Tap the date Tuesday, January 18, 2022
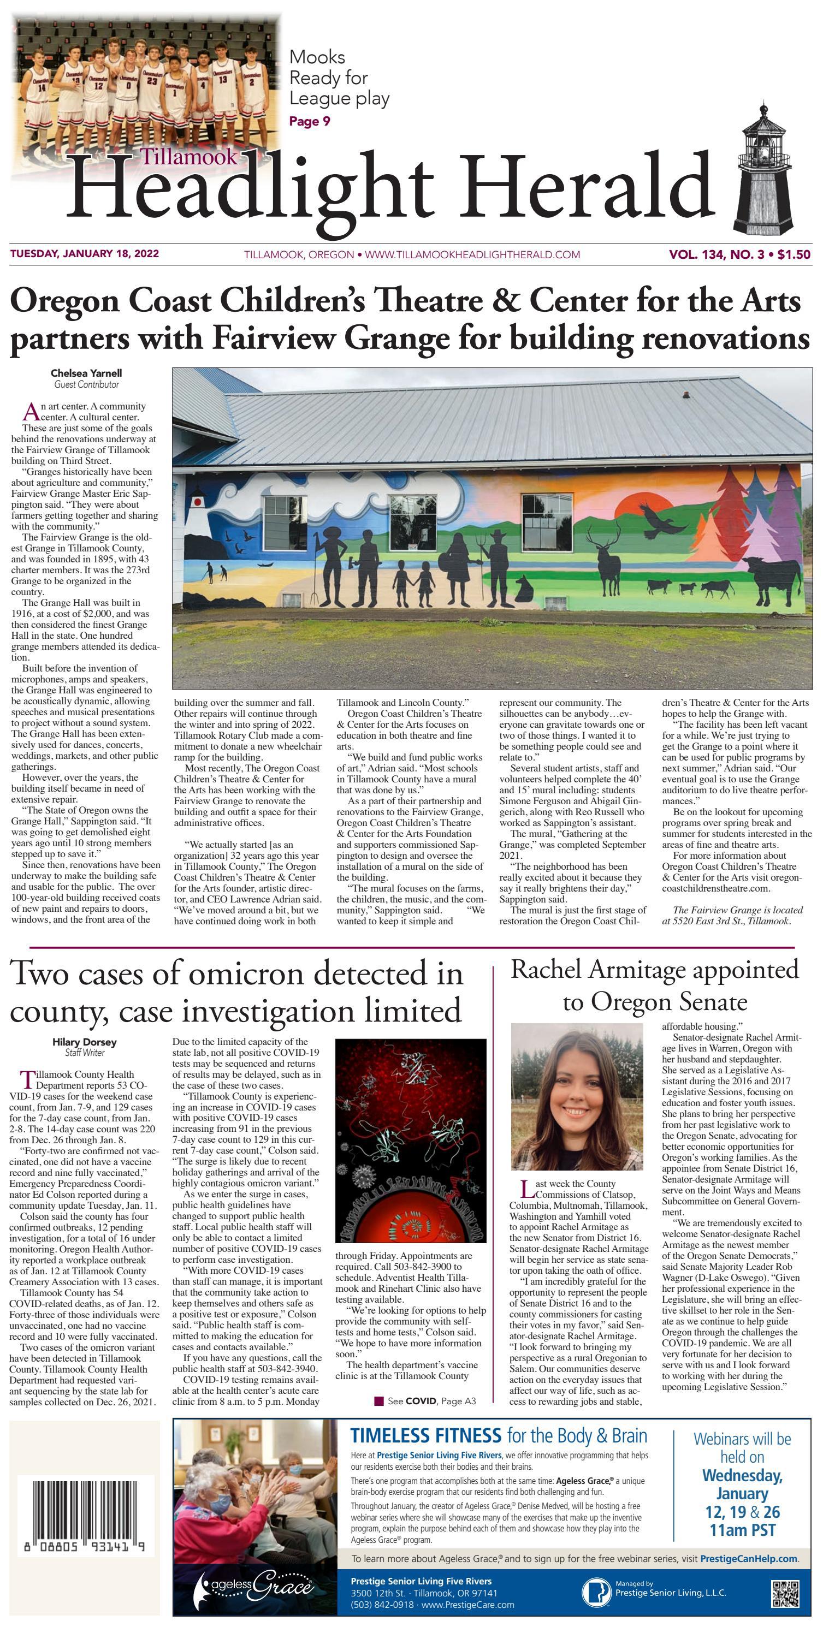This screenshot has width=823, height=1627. tap(85, 254)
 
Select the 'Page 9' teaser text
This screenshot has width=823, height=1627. tap(310, 121)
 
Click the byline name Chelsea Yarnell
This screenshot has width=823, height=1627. tap(86, 373)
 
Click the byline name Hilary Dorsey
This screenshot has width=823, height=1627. tap(84, 1042)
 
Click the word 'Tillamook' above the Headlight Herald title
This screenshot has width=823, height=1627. tap(189, 157)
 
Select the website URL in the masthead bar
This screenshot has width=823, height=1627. tap(472, 254)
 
